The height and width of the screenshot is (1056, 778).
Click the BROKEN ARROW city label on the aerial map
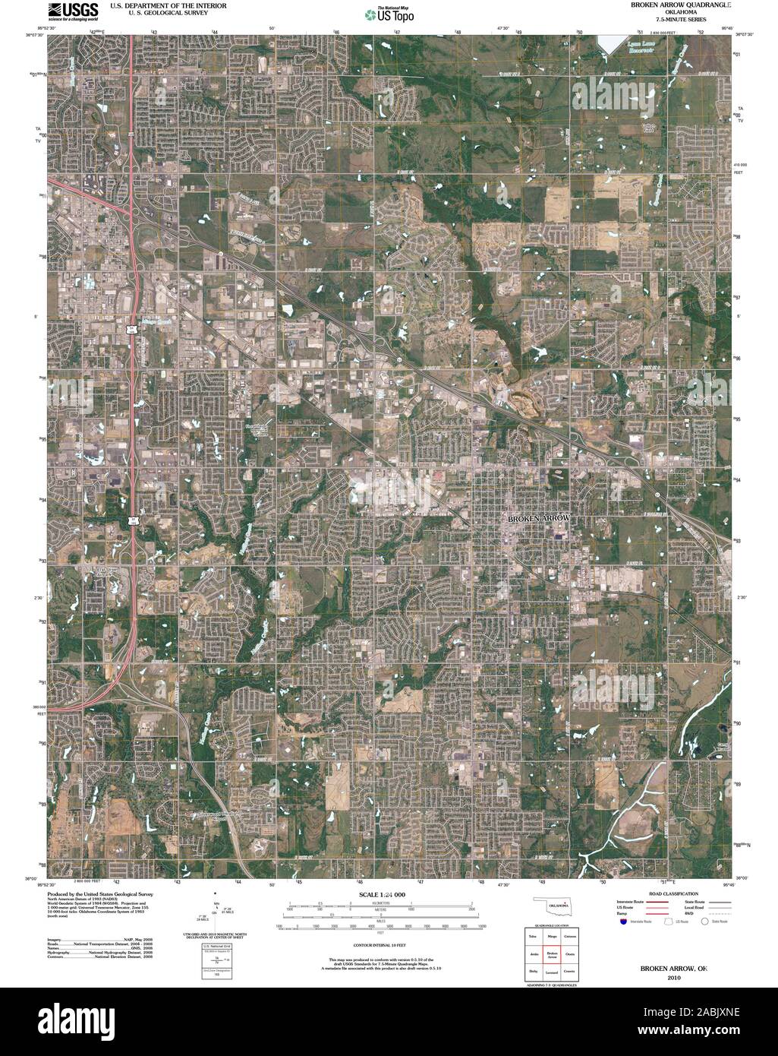(x=537, y=517)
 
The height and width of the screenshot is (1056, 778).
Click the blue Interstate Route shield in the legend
(x=622, y=922)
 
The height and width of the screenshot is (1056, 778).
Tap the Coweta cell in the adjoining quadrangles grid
(x=571, y=972)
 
